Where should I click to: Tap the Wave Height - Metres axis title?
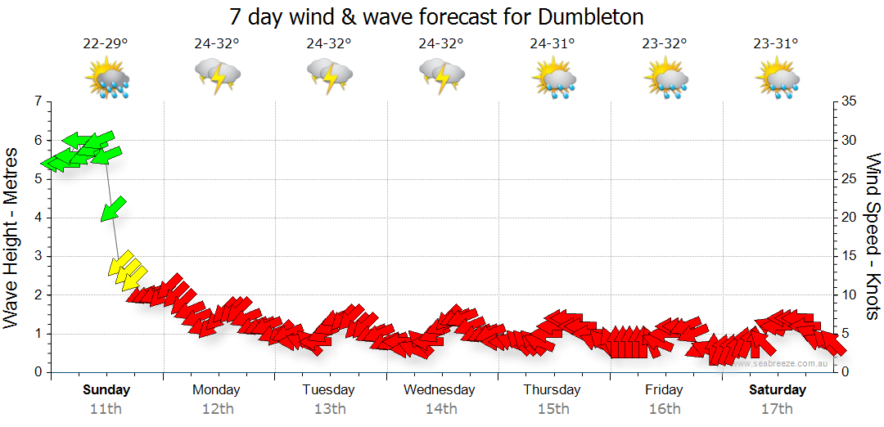click(12, 237)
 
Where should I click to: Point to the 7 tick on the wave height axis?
click(37, 101)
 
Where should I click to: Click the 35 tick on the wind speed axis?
click(849, 101)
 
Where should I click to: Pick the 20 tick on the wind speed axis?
click(849, 218)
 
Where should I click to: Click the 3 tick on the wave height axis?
click(37, 256)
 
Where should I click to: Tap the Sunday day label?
click(106, 389)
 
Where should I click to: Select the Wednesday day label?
click(440, 389)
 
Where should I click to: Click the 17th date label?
click(776, 408)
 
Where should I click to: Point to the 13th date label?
click(329, 408)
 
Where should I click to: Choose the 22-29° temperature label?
click(106, 44)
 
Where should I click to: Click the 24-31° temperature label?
click(552, 44)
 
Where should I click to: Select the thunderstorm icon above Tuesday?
click(329, 77)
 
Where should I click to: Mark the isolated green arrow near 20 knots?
click(113, 209)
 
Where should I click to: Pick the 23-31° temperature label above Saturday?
click(776, 44)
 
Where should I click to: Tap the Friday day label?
click(664, 389)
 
